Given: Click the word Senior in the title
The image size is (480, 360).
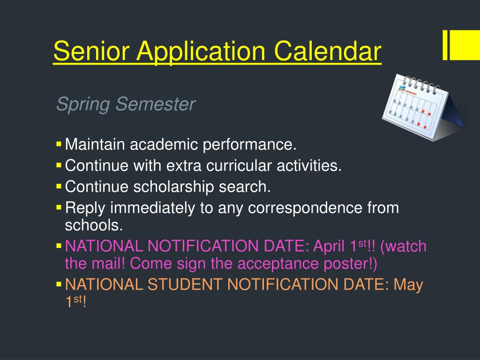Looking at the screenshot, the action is click(x=91, y=51).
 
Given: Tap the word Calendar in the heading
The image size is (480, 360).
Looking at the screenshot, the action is click(x=328, y=51).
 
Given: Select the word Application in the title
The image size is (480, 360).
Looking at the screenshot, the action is click(x=201, y=52).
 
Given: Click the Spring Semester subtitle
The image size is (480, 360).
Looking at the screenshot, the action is click(x=126, y=104).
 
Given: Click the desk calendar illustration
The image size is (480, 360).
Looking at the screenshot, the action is click(x=423, y=107).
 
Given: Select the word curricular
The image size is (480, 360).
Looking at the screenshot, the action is click(x=239, y=165).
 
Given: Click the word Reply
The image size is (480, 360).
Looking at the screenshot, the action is click(x=85, y=209).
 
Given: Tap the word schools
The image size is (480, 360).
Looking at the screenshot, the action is click(x=94, y=225).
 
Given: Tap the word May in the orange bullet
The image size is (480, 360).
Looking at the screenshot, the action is click(x=408, y=285).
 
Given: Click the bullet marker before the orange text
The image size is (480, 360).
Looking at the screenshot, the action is click(x=59, y=285).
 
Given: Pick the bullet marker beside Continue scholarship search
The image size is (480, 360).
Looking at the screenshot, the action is click(x=59, y=187).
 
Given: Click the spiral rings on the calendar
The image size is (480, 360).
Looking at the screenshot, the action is click(x=421, y=84).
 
